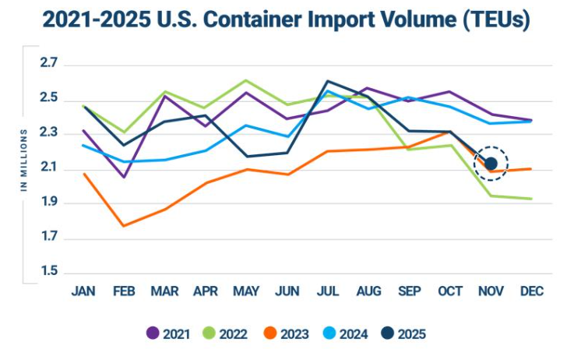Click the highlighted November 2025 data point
(491, 164)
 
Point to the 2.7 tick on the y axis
(49, 63)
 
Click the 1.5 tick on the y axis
(49, 272)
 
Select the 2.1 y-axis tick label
(49, 168)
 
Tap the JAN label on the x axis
(83, 291)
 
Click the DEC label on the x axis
(532, 291)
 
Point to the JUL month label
(328, 291)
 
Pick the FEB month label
(125, 291)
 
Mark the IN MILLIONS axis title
(24, 161)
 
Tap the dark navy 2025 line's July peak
(327, 80)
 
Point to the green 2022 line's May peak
(246, 80)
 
